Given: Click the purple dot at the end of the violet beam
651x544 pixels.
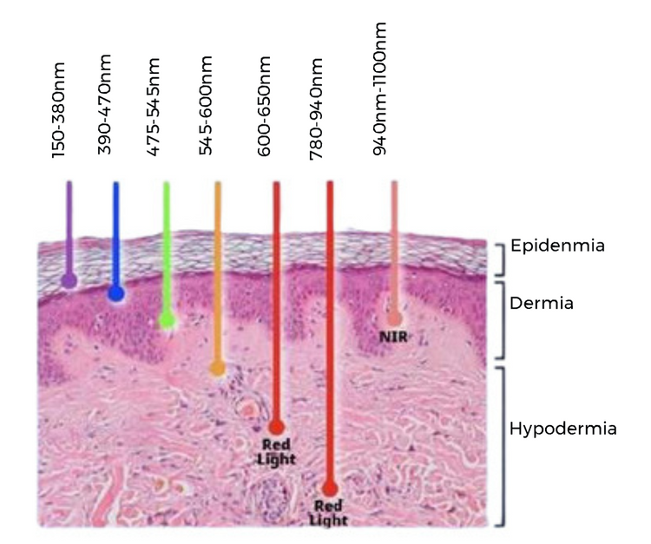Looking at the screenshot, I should pyautogui.click(x=69, y=280).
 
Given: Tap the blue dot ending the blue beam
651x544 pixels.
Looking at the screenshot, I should pyautogui.click(x=115, y=295).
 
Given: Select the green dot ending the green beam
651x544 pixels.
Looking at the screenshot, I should pyautogui.click(x=167, y=321).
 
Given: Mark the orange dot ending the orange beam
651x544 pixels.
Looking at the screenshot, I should pyautogui.click(x=217, y=369).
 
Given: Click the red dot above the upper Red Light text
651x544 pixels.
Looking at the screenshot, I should pyautogui.click(x=276, y=427).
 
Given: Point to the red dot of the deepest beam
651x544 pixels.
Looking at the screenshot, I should pyautogui.click(x=330, y=488).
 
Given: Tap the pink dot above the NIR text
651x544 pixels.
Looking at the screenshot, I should pyautogui.click(x=394, y=318).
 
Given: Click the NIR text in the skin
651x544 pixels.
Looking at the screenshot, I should pyautogui.click(x=394, y=336).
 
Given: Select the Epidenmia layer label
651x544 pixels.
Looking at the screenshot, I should pyautogui.click(x=557, y=246).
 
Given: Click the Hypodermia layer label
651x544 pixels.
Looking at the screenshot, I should pyautogui.click(x=562, y=428).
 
